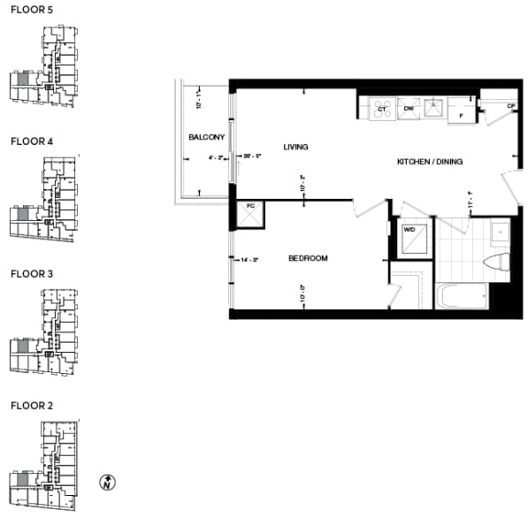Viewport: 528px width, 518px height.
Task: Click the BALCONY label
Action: (x=206, y=137)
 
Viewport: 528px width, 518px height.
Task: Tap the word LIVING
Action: (x=295, y=147)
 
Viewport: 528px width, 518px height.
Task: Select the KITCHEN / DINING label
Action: (x=429, y=162)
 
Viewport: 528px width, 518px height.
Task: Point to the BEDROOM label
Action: (x=308, y=259)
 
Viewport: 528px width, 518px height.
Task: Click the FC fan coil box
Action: (x=249, y=214)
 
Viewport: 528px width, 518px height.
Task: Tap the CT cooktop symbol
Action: (x=381, y=108)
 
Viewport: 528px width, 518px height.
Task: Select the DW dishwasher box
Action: (x=409, y=108)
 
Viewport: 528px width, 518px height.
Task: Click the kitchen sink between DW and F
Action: (x=434, y=108)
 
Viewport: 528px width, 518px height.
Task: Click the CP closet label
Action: (x=511, y=106)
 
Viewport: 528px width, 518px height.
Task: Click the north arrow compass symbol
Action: (x=108, y=482)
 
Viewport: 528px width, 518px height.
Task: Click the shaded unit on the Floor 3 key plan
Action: (x=21, y=347)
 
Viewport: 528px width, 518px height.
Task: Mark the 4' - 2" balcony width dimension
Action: (x=217, y=157)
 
